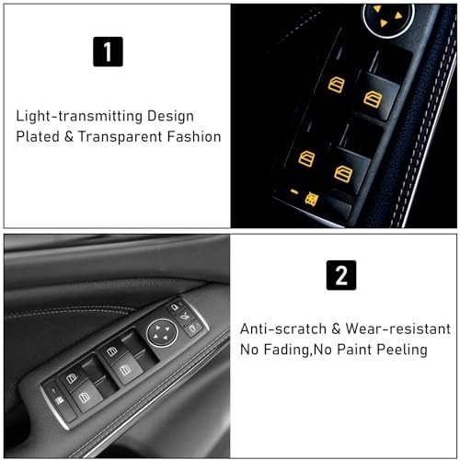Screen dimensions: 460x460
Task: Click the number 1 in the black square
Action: tap(108, 52)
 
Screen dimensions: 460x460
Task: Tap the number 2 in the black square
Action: tap(341, 276)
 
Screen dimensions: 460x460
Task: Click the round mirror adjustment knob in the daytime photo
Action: tap(162, 330)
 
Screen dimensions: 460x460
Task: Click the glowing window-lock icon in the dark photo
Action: tap(313, 197)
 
